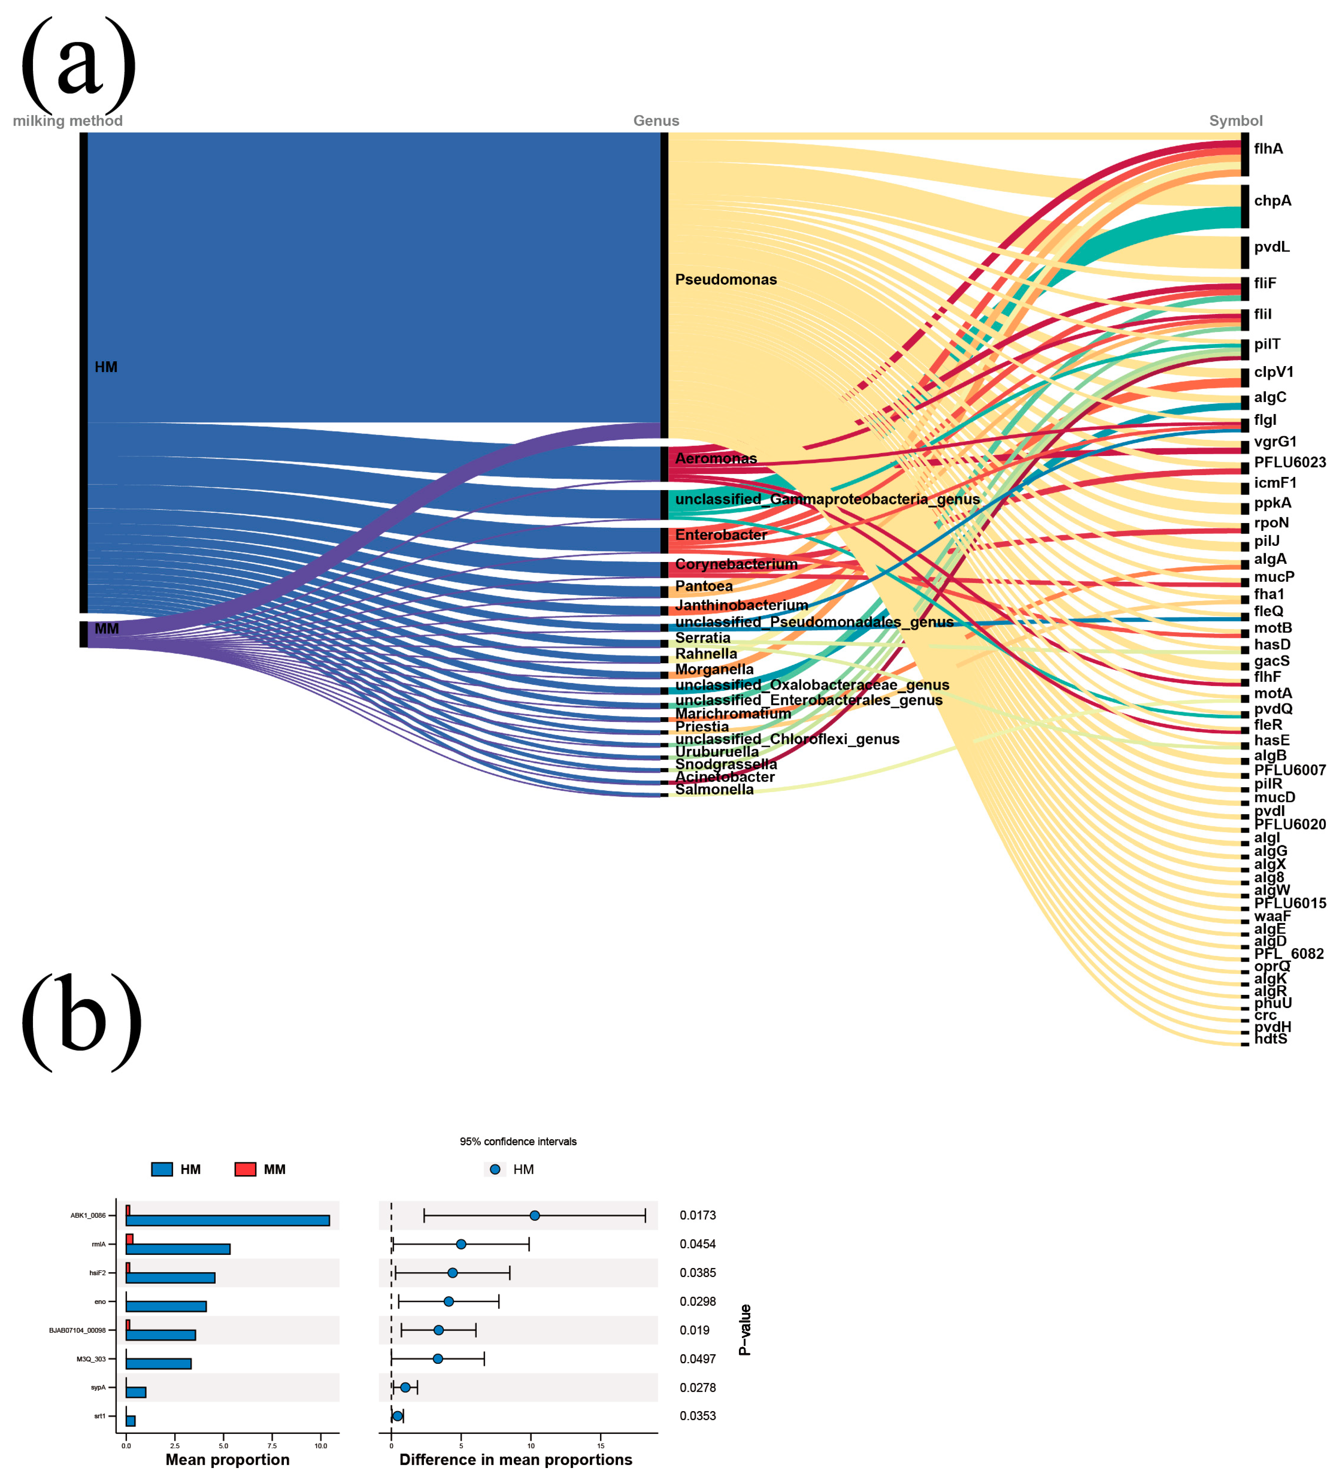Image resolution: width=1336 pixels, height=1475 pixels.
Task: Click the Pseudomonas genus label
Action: click(x=725, y=280)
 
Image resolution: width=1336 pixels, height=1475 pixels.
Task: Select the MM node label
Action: click(x=107, y=628)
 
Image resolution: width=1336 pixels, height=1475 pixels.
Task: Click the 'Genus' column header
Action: click(x=656, y=121)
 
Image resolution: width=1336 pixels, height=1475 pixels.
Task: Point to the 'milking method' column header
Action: click(x=67, y=121)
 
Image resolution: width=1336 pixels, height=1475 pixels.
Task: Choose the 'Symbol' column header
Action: click(x=1235, y=121)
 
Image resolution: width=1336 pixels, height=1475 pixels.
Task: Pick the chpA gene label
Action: click(x=1272, y=201)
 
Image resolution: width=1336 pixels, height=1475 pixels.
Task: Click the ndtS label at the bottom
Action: click(x=1270, y=1039)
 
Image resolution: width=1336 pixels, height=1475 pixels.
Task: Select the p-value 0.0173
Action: click(x=697, y=1215)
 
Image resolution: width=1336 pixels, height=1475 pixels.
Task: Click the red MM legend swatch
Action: click(x=245, y=1169)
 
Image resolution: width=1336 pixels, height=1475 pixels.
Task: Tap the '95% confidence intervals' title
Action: click(x=518, y=1141)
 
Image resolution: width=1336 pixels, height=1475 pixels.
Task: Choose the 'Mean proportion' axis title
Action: click(x=227, y=1460)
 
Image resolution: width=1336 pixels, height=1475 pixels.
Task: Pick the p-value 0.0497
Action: click(x=697, y=1359)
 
